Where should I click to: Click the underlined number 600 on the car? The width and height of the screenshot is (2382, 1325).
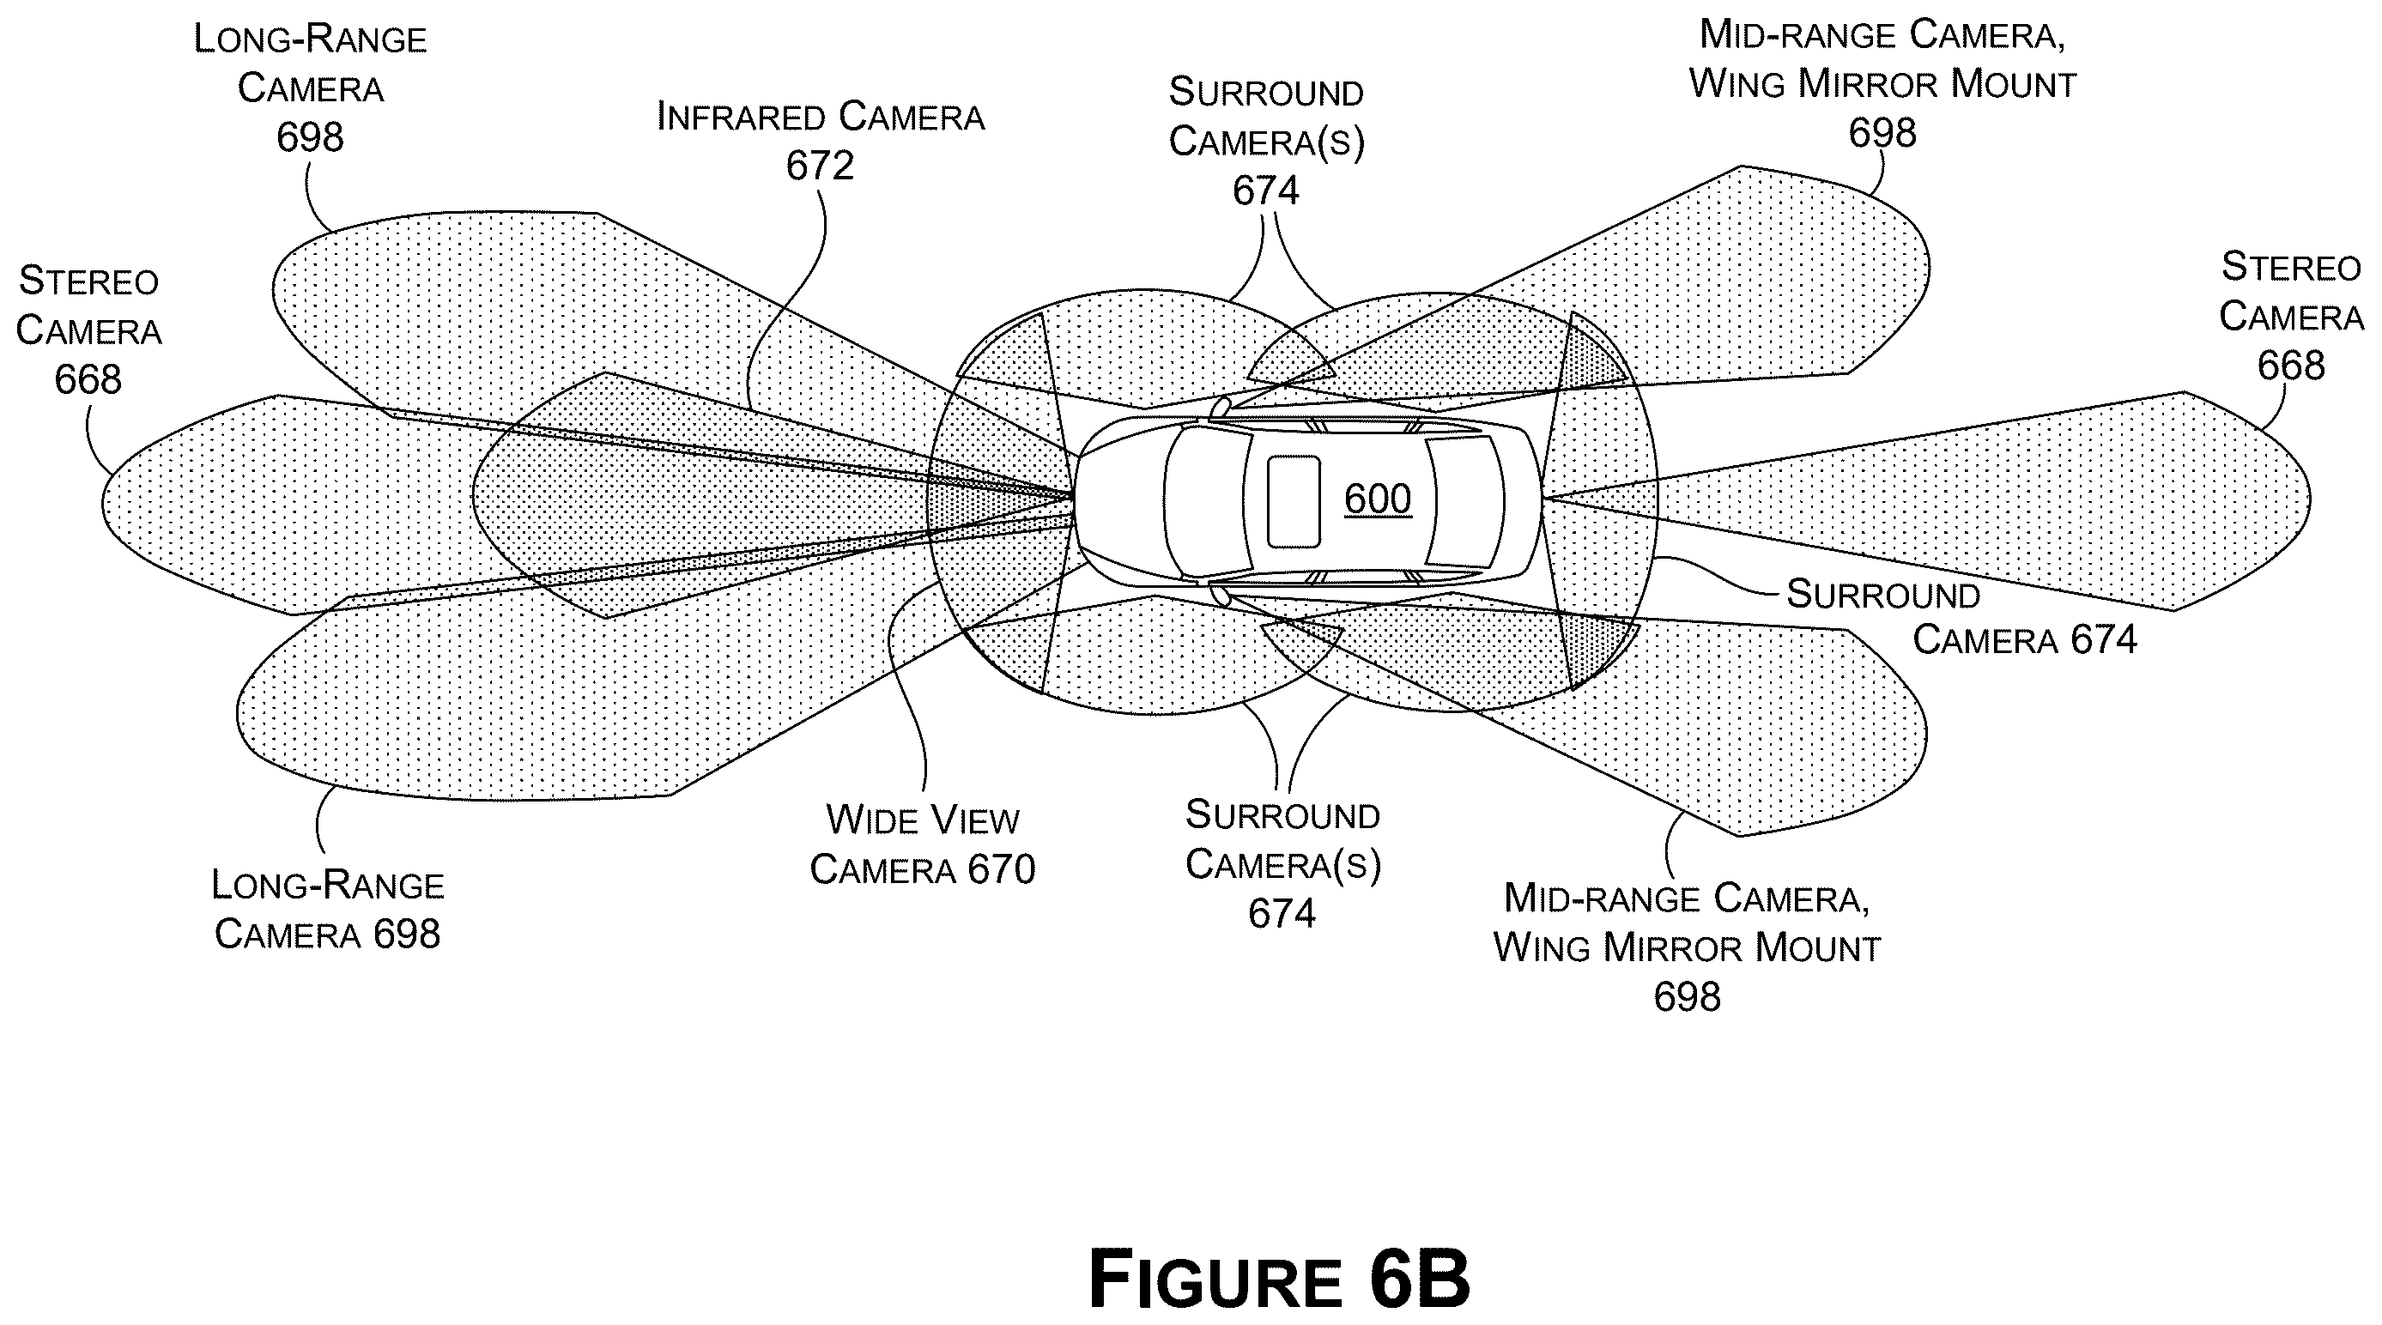click(1377, 499)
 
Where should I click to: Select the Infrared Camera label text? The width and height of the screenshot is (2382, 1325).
click(821, 117)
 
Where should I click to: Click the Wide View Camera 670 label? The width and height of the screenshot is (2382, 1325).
click(922, 844)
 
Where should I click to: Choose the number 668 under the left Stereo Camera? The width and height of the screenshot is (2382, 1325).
click(88, 379)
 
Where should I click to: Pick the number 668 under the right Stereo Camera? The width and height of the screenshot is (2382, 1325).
click(2290, 366)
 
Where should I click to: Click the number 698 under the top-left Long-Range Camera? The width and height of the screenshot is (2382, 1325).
click(310, 136)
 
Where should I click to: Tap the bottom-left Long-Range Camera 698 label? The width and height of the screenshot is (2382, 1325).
click(327, 909)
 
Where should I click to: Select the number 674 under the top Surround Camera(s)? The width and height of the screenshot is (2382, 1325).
click(1266, 191)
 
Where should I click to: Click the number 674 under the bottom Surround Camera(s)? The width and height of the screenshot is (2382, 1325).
click(1282, 914)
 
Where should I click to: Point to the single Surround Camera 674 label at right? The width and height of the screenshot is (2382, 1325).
click(1961, 617)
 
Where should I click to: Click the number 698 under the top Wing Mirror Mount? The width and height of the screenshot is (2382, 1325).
click(1882, 132)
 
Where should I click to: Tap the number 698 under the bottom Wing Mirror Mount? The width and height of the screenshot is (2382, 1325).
click(1687, 997)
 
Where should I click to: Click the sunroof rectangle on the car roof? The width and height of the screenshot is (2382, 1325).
click(1293, 501)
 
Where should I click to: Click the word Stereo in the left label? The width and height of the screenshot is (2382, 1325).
click(88, 281)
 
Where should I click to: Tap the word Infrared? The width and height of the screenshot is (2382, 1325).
click(741, 117)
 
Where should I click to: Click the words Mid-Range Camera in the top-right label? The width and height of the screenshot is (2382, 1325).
click(1882, 34)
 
